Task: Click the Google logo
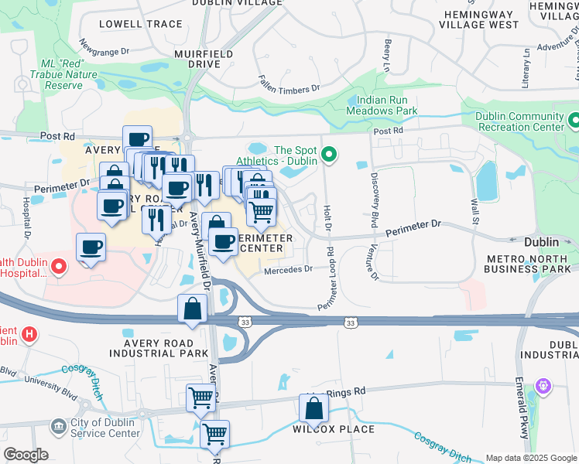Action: coord(26,455)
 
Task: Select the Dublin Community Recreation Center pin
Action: coord(574,121)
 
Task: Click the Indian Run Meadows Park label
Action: coord(387,106)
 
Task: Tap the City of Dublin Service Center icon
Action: coord(58,427)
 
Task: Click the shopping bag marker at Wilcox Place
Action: coord(314,407)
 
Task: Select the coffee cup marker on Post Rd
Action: coord(138,139)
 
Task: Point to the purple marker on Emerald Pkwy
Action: coord(544,384)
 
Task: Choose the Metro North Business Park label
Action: coord(531,263)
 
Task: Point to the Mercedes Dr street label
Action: coord(287,269)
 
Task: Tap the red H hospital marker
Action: coord(29,334)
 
